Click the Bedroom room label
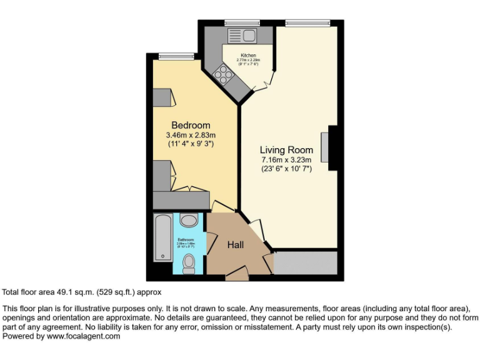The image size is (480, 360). (x=191, y=125)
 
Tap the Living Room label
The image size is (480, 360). (x=286, y=150)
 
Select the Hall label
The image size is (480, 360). (x=235, y=244)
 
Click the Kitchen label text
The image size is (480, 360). (x=248, y=56)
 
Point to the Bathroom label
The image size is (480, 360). (x=186, y=239)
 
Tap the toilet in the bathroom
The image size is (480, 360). (x=187, y=264)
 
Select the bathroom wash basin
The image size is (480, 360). (x=187, y=220)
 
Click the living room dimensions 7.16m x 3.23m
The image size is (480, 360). (x=286, y=160)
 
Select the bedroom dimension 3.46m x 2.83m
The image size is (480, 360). (x=191, y=135)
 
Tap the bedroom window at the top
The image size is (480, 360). (x=171, y=57)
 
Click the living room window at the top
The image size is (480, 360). (x=307, y=23)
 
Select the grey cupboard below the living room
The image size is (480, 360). (x=306, y=263)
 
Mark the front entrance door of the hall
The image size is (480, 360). (x=236, y=272)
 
